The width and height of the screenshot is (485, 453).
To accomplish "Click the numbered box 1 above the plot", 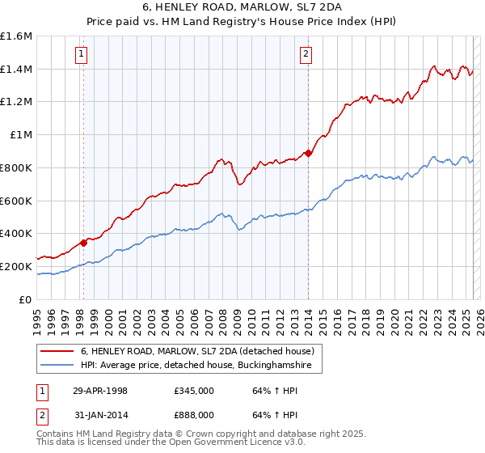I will pos(82,55).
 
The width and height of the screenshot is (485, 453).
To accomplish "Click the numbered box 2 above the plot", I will pos(306,55).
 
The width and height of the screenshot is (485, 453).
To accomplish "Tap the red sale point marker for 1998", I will pos(83,242).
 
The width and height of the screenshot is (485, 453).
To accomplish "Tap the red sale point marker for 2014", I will pos(308,153).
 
